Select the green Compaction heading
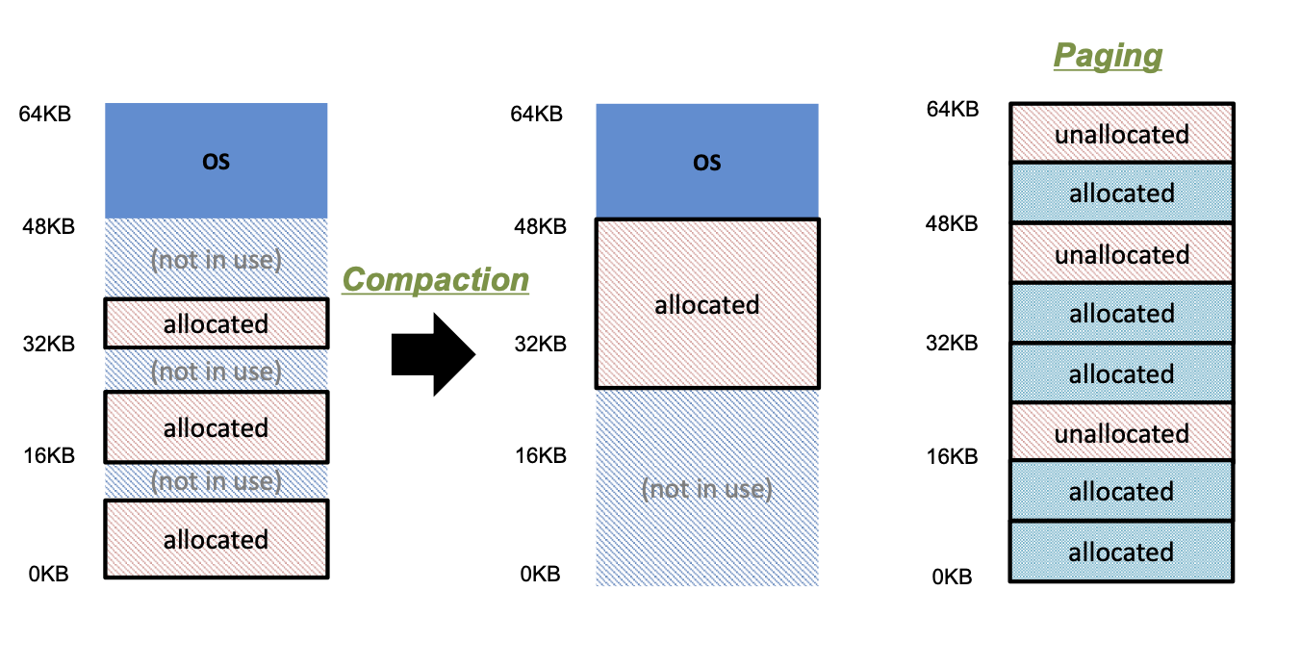(x=436, y=279)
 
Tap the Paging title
(x=1108, y=55)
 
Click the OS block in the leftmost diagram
(x=216, y=161)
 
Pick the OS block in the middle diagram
(x=707, y=161)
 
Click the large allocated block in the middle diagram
(x=707, y=304)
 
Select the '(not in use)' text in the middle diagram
(x=707, y=488)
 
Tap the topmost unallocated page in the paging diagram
(x=1121, y=134)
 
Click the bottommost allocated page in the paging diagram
(x=1121, y=552)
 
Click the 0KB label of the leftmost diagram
(x=48, y=574)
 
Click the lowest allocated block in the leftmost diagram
(x=216, y=539)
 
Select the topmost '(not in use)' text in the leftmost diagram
(x=216, y=260)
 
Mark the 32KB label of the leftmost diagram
(x=48, y=343)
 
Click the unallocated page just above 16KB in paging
(x=1121, y=433)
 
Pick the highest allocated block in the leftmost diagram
(x=216, y=323)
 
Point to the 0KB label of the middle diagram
(x=540, y=574)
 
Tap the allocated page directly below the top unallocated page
(x=1121, y=193)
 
